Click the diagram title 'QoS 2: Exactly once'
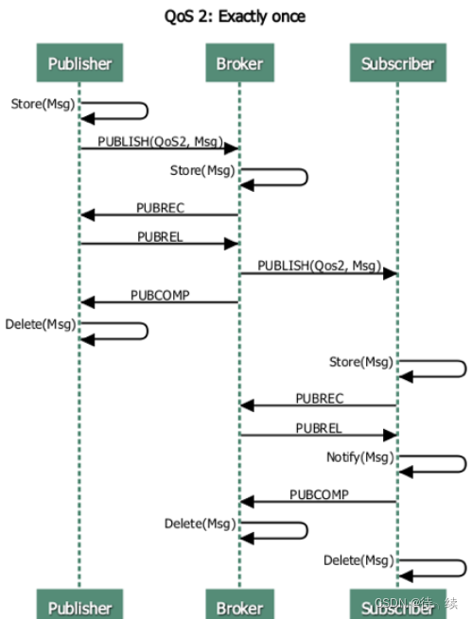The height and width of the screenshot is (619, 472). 235,17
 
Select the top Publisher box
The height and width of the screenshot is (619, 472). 79,62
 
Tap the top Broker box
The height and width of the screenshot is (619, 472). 239,62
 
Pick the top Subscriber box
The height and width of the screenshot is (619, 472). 397,62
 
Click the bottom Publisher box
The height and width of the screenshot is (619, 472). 79,604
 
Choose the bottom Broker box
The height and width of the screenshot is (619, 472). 239,604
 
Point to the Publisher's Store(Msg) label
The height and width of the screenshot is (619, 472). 44,104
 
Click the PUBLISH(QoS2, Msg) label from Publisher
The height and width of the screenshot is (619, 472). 161,142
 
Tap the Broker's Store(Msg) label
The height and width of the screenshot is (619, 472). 202,170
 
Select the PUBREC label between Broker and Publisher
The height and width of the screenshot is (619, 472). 161,208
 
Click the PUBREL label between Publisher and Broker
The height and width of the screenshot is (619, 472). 161,237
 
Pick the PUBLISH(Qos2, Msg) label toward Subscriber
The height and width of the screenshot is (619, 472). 320,266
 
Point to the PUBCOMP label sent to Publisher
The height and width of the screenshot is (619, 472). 161,295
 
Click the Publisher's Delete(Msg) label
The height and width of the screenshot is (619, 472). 41,324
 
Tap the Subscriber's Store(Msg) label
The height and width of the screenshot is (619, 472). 361,362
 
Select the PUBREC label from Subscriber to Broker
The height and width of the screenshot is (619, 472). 320,399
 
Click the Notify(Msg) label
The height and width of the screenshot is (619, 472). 360,457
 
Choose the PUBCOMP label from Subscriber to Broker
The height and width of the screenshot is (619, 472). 320,494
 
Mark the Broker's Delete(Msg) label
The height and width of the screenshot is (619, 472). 201,524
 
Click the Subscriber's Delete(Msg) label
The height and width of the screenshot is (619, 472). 359,560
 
